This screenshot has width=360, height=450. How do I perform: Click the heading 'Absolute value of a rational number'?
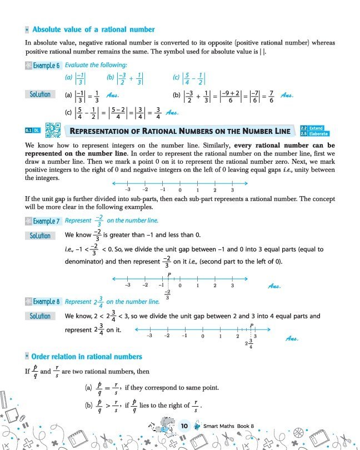click(93, 29)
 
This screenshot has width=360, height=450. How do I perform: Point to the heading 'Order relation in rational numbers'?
click(87, 356)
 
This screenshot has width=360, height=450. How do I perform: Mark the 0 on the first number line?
click(179, 191)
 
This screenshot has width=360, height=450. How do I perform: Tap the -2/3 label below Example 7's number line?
click(167, 294)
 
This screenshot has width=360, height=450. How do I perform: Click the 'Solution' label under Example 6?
click(40, 94)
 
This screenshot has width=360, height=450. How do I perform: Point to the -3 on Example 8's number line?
click(149, 337)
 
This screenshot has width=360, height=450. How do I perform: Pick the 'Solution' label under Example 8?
click(40, 316)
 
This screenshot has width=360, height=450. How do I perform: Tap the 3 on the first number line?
click(232, 191)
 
